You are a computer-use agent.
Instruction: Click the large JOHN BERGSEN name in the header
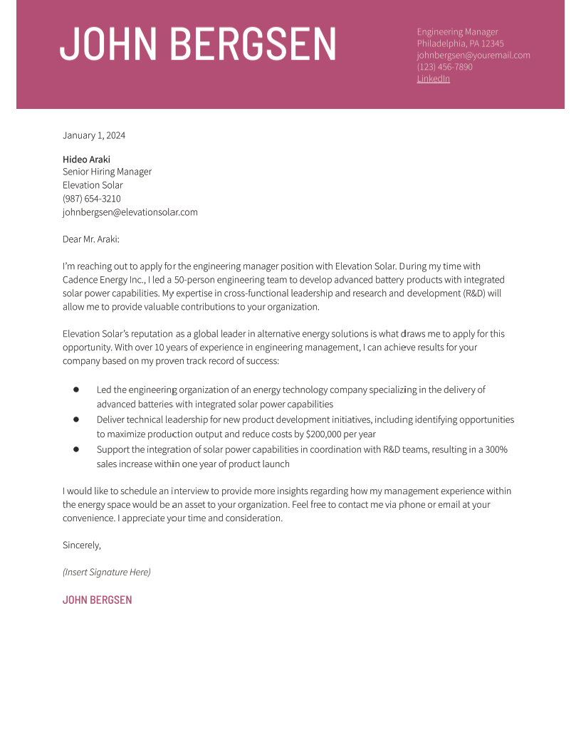197,44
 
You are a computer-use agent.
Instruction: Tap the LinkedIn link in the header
433,78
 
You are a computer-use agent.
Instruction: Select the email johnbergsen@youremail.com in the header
473,55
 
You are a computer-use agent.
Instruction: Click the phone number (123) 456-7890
444,67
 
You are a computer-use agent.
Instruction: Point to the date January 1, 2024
94,135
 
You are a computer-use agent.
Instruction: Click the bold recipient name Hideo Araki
86,160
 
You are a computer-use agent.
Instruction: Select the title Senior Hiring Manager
107,172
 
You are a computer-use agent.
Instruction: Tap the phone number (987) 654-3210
91,199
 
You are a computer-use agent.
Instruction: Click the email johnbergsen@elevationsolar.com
130,212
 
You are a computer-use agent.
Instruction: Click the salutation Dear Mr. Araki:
91,239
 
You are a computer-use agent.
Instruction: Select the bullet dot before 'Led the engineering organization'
76,390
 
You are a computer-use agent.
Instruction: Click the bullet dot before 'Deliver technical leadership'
76,419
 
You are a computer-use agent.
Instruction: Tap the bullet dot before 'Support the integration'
76,449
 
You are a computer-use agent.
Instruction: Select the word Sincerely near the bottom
81,545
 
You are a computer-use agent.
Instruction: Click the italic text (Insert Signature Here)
107,572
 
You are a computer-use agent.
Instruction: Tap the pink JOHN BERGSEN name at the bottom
98,600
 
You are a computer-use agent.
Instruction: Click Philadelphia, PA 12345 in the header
460,43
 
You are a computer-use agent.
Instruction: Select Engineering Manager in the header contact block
457,32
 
